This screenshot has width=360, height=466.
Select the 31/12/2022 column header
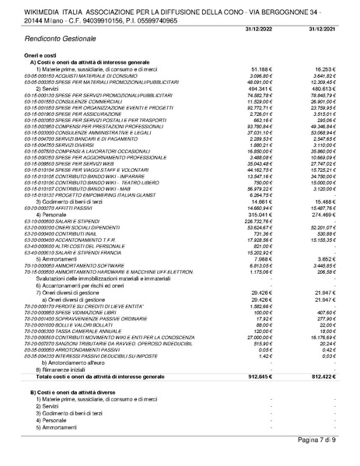point(259,28)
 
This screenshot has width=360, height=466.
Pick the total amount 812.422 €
point(325,377)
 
